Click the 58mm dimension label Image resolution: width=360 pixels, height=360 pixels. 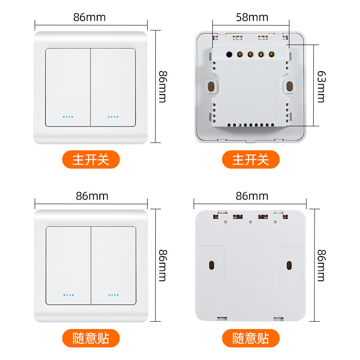point(252,18)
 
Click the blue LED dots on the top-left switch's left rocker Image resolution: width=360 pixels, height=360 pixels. point(68,117)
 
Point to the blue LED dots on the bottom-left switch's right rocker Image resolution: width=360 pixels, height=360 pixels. point(113,295)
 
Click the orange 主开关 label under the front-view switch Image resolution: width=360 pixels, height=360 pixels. point(91,159)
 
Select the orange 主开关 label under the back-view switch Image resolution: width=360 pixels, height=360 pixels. point(251,159)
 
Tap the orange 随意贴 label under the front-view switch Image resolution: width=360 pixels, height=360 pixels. point(91,338)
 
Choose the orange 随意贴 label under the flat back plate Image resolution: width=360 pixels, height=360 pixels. point(251,338)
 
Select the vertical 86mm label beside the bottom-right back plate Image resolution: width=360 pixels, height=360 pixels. point(321,265)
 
